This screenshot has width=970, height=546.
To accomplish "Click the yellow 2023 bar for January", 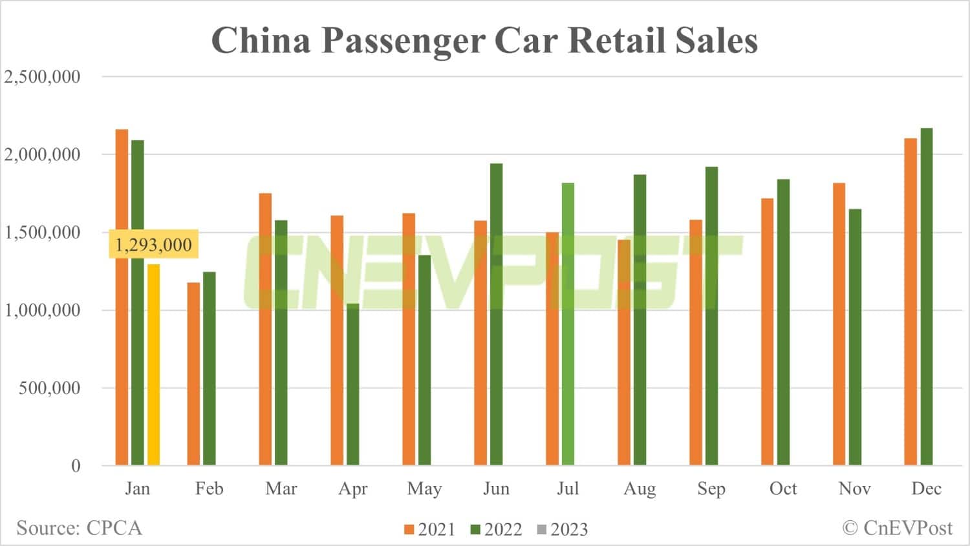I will pos(153,364).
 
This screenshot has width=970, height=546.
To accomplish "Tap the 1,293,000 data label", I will pos(153,245).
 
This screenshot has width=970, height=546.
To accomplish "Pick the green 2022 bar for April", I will pos(352,384).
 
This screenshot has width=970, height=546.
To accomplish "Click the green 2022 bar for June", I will pos(496,314).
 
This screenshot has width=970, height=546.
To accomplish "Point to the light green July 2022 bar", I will pos(568,324).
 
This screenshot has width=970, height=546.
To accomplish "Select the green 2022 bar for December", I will pos(926,297).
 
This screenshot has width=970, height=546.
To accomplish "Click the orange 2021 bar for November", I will pos(839,324).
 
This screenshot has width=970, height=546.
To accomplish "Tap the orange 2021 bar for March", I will pos(265,329).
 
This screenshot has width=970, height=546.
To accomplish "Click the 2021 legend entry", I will pos(430,530).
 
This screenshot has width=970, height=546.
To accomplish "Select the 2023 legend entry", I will pos(562,530).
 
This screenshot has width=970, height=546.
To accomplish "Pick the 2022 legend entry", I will pos(496,530).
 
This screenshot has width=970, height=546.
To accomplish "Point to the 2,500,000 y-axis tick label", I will pos(43,77).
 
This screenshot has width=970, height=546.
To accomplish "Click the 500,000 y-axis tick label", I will pos(50,388).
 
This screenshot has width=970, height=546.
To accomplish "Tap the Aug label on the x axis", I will pos(640,488).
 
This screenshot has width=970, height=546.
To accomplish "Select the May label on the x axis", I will pos(424,488).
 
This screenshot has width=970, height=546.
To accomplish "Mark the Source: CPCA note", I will pos(79,528).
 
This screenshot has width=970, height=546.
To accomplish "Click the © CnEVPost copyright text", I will pos(897,528).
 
